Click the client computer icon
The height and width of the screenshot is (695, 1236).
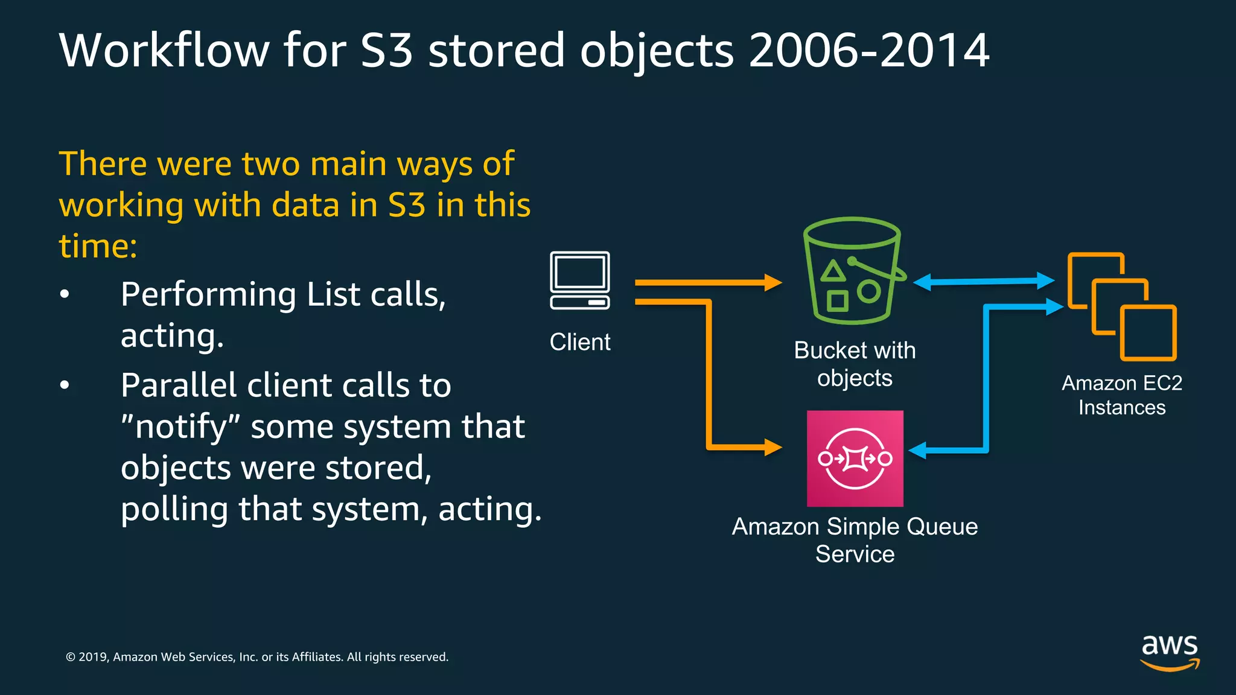[579, 281]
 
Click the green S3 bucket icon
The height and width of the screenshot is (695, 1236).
[852, 271]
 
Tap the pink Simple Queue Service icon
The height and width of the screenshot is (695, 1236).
[855, 459]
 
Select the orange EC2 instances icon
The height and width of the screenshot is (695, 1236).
[1121, 306]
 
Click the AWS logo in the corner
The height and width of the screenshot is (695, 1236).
[1170, 652]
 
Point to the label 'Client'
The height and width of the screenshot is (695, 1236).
[579, 342]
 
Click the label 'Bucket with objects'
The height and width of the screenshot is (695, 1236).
[855, 364]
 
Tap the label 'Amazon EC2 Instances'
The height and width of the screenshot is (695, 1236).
[1121, 395]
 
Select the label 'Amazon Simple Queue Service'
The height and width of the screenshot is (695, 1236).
[855, 540]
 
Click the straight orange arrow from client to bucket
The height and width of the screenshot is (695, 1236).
[706, 282]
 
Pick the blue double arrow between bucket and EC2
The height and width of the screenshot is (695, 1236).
[984, 281]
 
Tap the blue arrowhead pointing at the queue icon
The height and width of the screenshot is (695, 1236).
[917, 450]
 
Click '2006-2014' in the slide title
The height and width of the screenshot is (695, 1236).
[869, 50]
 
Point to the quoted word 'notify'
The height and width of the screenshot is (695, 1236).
[181, 427]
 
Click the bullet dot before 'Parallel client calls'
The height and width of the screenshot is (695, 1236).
[65, 385]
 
